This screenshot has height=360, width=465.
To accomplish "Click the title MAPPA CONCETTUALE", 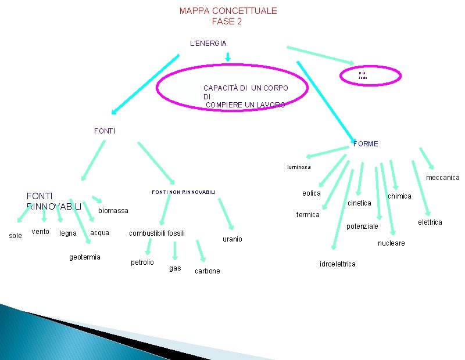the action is click(228, 10).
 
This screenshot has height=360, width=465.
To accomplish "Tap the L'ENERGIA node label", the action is click(208, 43).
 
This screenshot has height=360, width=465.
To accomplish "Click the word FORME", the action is click(366, 143).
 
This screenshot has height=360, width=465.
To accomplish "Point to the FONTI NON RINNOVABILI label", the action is click(184, 192).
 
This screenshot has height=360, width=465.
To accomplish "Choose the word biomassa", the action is click(113, 210).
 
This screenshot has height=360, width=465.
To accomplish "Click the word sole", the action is click(16, 235).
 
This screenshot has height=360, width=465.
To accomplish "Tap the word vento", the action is click(41, 232).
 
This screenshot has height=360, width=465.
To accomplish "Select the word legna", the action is click(68, 233).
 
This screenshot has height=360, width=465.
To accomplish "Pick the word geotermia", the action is click(85, 257).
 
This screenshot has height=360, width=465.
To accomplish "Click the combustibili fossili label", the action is click(157, 233).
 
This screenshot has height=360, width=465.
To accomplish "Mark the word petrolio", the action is click(142, 262).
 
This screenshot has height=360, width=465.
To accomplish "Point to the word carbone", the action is click(208, 271).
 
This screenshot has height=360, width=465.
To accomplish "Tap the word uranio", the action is click(233, 239).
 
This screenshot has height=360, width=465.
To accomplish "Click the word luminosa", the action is click(299, 167).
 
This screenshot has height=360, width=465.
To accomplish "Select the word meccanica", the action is click(442, 178).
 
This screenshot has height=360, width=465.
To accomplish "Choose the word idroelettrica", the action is click(338, 264).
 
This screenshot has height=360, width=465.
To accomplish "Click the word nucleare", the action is click(391, 243).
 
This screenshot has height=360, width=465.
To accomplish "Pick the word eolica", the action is click(312, 193).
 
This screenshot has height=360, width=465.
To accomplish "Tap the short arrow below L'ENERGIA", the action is click(228, 57).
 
